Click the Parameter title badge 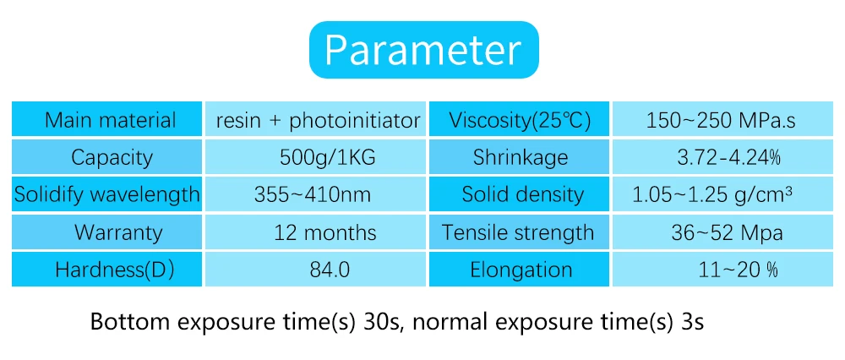coord(423,50)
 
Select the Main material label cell coord(106,119)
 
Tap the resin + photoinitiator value coord(318,121)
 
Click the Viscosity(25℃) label coord(520,121)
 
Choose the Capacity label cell coord(106,156)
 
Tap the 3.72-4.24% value coord(728,157)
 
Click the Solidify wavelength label coord(106,194)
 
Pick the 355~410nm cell coord(315,194)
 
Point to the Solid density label coord(522,194)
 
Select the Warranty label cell coord(106,232)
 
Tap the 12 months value coord(325,232)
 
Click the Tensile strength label coord(519,232)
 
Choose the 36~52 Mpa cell coord(728,232)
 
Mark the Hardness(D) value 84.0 coord(330,270)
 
